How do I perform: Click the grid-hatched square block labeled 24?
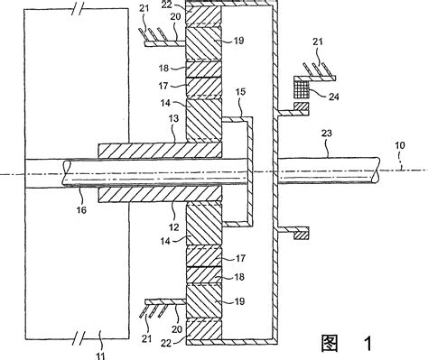click(302, 88)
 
